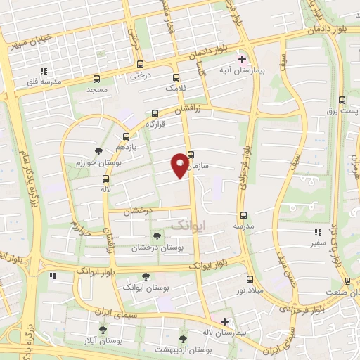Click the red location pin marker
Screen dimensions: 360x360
180,165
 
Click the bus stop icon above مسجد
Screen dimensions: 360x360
96,79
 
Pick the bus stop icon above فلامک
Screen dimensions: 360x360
175,78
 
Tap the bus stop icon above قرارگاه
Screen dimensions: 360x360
155,112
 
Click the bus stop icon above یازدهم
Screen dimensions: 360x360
126,136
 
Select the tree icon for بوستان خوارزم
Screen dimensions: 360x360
98,151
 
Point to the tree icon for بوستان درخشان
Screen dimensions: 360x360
156,237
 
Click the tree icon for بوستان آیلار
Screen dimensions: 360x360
103,329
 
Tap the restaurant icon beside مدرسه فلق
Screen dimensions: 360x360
44,71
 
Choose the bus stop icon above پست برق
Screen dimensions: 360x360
342,100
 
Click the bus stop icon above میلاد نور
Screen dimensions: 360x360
250,279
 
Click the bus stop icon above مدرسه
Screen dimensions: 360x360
243,215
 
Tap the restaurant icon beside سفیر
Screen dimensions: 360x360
318,232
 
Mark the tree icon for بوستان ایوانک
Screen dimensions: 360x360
146,276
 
